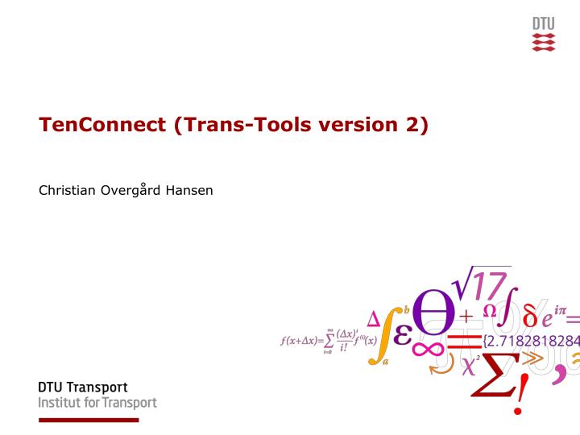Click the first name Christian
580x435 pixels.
click(67, 192)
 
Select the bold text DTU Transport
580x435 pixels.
click(83, 387)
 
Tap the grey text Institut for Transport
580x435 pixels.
click(97, 403)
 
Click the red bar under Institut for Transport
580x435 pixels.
click(89, 420)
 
